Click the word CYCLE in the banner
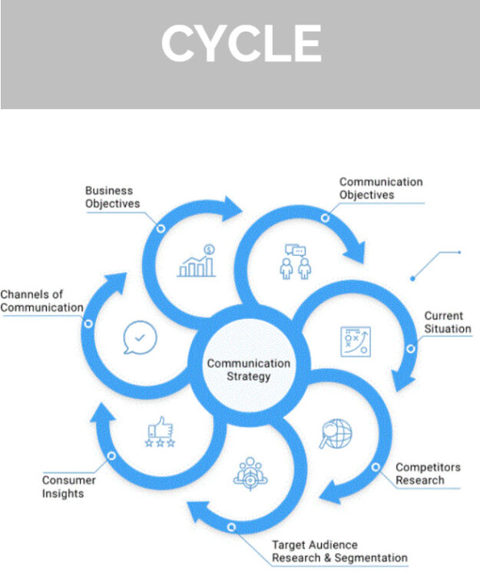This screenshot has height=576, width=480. pos(241,44)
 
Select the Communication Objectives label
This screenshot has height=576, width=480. pos(381,188)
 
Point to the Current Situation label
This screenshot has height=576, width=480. pos(446,323)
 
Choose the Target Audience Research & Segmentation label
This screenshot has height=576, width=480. pos(339,551)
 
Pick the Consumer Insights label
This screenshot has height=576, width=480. pos(68,487)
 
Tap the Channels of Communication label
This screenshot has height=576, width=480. pos(41,301)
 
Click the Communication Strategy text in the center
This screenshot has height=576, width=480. pos(249,370)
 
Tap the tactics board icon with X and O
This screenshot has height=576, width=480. pos(356,341)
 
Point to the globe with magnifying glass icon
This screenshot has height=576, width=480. pos(336,435)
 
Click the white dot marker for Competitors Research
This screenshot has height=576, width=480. pos(375,466)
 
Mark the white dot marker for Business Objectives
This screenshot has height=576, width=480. pos(161,228)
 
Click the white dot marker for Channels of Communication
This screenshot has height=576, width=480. pos(88,323)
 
